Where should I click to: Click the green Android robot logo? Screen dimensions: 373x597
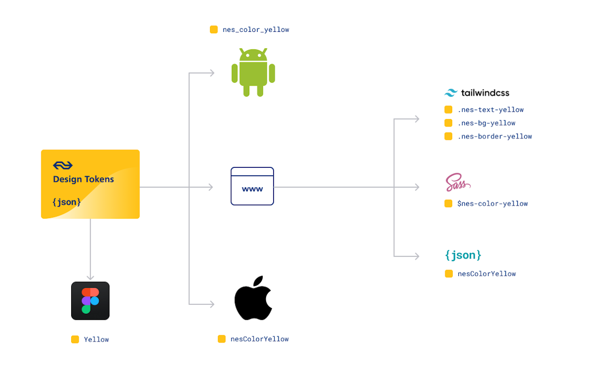click(253, 73)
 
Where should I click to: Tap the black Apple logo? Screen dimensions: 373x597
click(253, 298)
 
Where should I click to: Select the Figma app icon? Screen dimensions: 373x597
click(90, 301)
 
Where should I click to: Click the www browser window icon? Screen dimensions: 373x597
click(252, 186)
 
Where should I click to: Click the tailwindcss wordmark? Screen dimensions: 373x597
click(477, 93)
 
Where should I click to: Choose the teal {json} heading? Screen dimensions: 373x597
click(463, 255)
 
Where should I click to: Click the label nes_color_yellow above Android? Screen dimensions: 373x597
click(256, 30)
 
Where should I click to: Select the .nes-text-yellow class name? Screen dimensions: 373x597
click(491, 110)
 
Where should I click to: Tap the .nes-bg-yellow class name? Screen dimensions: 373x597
click(486, 123)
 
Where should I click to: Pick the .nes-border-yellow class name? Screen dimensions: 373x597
click(495, 136)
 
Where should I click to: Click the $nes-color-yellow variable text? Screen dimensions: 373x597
click(493, 204)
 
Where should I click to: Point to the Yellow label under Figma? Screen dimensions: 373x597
click(96, 340)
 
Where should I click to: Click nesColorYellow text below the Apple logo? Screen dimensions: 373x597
click(259, 339)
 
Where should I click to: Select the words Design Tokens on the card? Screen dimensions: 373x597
click(84, 179)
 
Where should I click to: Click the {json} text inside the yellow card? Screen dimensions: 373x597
click(67, 202)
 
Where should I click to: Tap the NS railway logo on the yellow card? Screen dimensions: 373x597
click(63, 165)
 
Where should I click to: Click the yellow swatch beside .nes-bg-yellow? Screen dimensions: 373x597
click(448, 123)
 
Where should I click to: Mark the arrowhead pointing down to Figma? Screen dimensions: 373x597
click(90, 277)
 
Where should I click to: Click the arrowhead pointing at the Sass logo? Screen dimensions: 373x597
click(417, 187)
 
